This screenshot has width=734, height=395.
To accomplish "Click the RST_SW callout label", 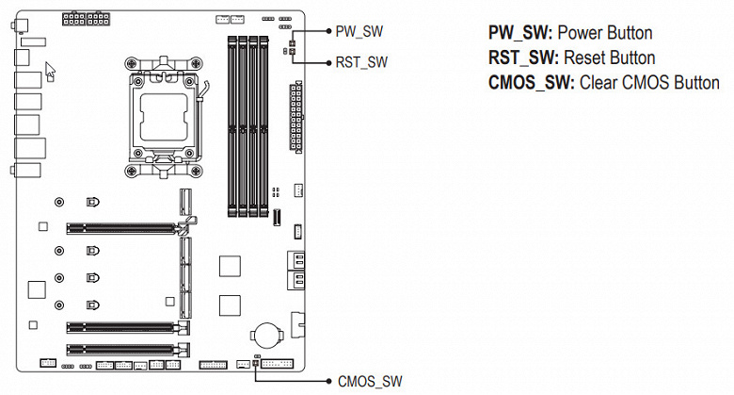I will point(361,62).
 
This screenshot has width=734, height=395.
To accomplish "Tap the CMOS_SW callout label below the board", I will point(369,382).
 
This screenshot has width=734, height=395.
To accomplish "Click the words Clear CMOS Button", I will point(649,82).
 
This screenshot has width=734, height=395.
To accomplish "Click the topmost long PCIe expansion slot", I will point(122,227).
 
